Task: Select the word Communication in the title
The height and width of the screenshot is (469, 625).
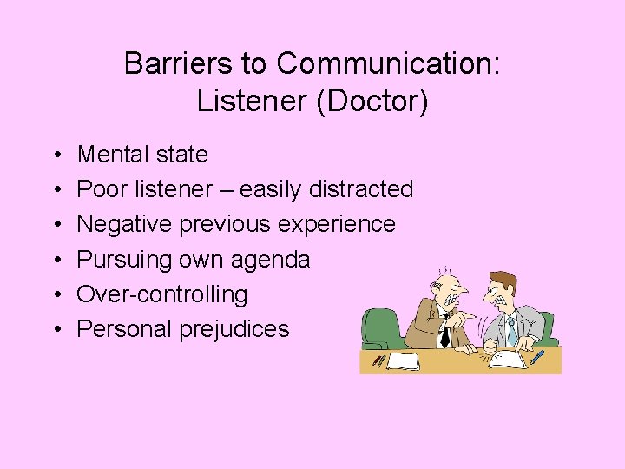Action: tap(387, 63)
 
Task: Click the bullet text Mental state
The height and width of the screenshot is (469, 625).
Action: tap(142, 155)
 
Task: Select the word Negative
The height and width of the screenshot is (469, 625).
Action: tap(125, 224)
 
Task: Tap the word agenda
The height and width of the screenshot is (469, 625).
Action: tap(272, 259)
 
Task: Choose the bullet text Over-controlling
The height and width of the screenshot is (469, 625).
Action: tap(161, 294)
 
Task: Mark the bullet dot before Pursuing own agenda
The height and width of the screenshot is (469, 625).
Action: tap(56, 260)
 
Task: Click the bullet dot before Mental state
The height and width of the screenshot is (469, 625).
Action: tap(56, 155)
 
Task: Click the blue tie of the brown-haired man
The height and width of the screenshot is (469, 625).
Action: tap(511, 331)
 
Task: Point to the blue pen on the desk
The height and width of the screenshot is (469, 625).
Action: tap(537, 356)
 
